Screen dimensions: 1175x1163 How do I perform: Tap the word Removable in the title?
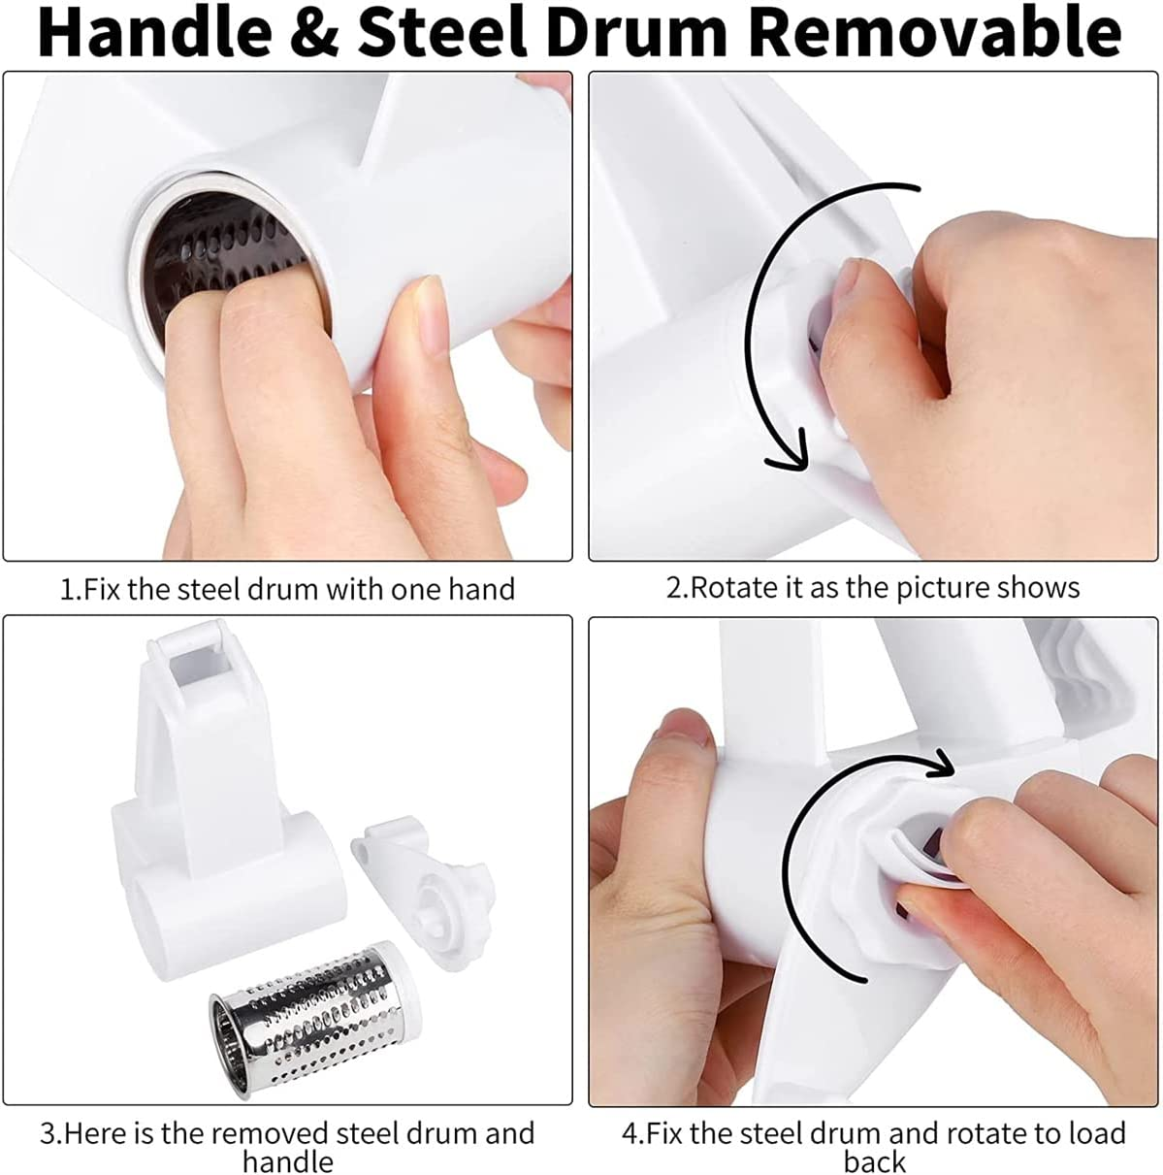(x=935, y=33)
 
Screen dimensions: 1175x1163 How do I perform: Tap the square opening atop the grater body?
(x=202, y=668)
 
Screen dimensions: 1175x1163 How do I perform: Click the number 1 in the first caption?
(x=66, y=589)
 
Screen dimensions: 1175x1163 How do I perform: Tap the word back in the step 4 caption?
(x=874, y=1161)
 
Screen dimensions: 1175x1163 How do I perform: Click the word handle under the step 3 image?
(x=287, y=1161)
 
